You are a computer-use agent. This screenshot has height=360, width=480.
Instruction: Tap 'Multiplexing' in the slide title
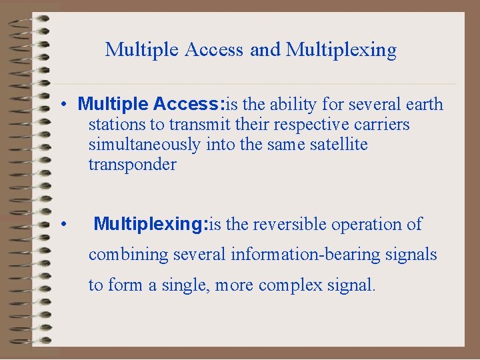[341, 50]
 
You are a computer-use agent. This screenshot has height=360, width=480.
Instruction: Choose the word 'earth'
[423, 105]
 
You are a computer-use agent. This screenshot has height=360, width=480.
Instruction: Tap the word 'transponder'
[132, 165]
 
